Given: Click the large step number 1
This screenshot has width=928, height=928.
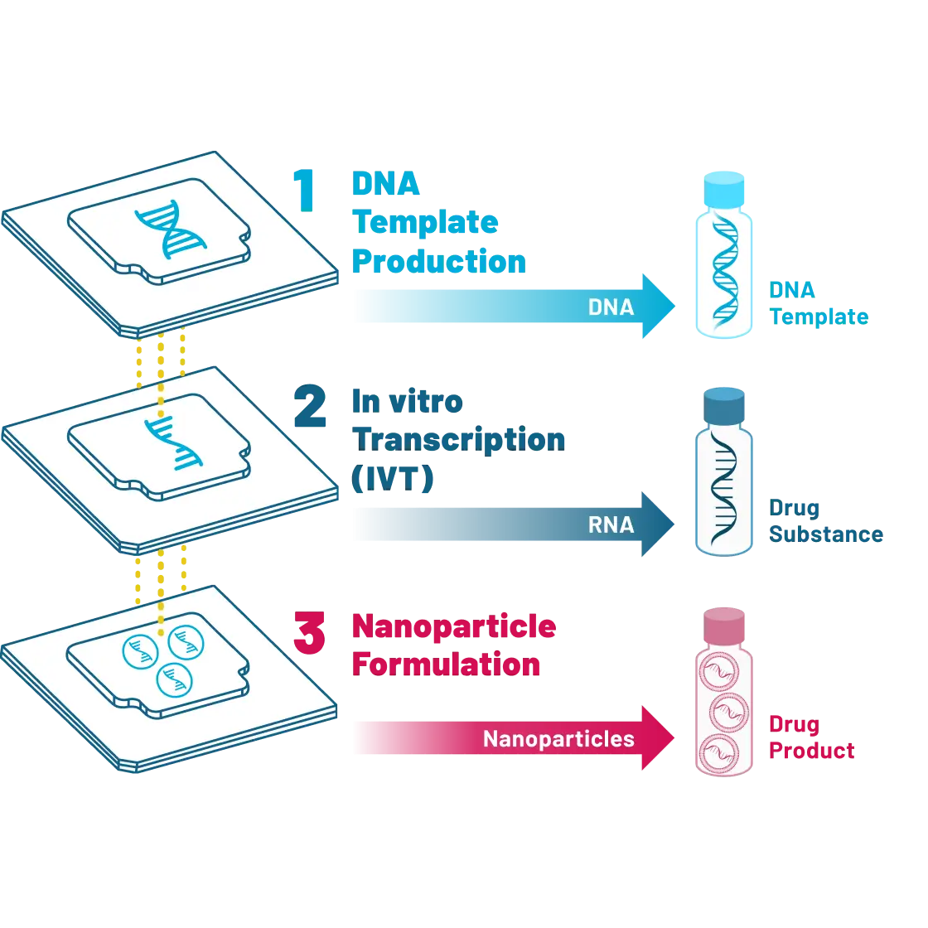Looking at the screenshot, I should pyautogui.click(x=307, y=189).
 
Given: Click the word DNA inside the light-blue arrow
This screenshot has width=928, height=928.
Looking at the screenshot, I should pyautogui.click(x=611, y=307).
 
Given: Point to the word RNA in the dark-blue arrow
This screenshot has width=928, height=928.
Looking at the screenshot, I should pyautogui.click(x=611, y=525).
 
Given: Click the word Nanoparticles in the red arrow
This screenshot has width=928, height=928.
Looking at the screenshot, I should pyautogui.click(x=558, y=739).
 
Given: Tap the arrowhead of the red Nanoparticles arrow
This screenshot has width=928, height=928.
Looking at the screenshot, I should pyautogui.click(x=658, y=739).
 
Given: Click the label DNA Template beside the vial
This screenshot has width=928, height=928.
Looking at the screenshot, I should pyautogui.click(x=817, y=302).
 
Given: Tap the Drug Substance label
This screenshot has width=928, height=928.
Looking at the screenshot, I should pyautogui.click(x=825, y=520).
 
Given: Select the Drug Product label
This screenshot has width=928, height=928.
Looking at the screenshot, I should pyautogui.click(x=810, y=737).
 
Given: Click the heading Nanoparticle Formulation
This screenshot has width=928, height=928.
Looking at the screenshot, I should pyautogui.click(x=452, y=645).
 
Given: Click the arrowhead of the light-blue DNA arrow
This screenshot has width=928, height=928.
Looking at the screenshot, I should pyautogui.click(x=658, y=307).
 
